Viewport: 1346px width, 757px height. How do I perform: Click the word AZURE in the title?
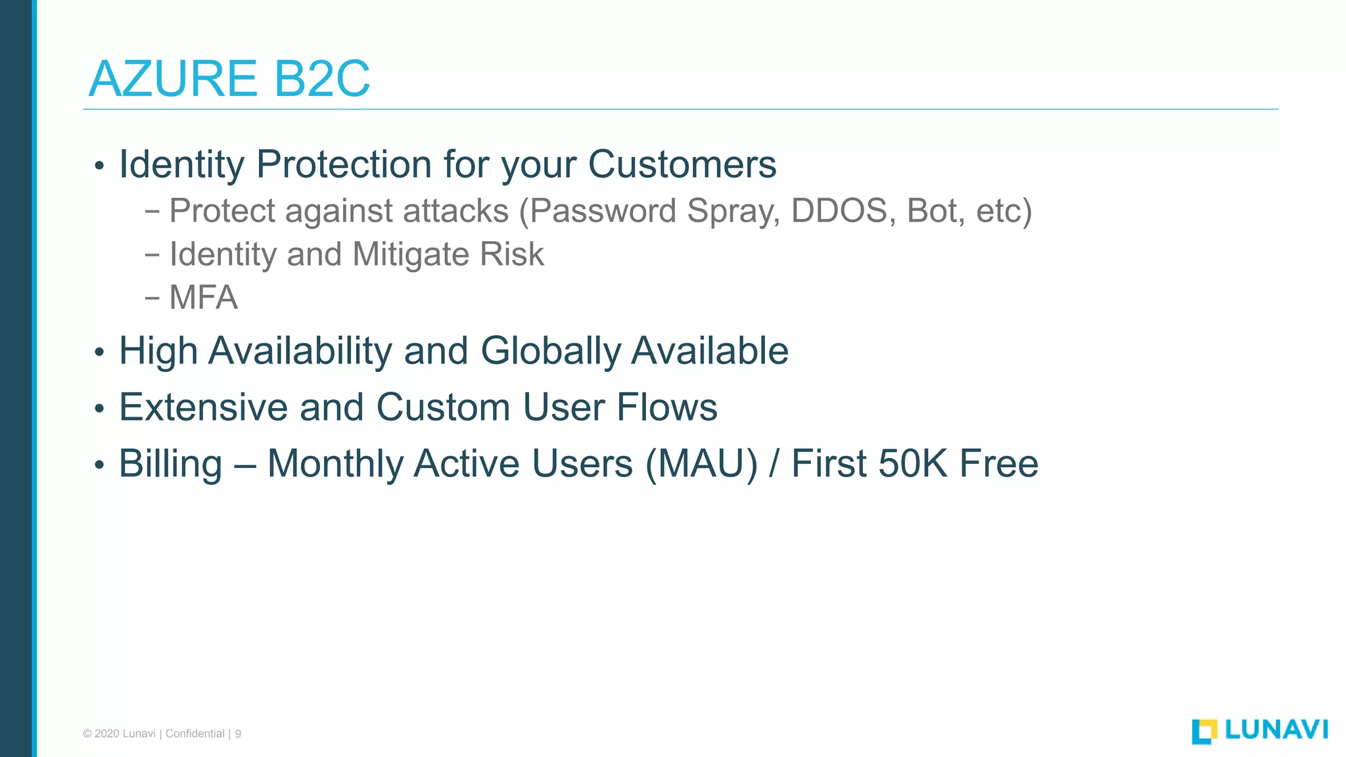(x=172, y=79)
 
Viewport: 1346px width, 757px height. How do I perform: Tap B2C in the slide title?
(x=321, y=79)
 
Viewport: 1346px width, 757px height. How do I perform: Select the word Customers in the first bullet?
(x=682, y=164)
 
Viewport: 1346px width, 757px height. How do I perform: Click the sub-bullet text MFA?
(x=203, y=298)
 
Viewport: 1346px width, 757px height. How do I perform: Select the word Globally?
(x=550, y=352)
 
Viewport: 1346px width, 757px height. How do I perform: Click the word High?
(x=158, y=352)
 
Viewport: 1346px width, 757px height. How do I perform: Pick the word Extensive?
(x=203, y=407)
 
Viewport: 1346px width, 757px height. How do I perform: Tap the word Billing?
(x=170, y=465)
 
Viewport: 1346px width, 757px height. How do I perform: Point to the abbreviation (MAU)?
(x=701, y=464)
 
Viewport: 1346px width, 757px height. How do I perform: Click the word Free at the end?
(x=998, y=464)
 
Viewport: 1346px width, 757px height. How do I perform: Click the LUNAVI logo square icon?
(x=1204, y=731)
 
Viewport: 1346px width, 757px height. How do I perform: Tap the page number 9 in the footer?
(x=238, y=734)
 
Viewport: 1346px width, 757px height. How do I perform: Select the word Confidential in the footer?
(x=195, y=734)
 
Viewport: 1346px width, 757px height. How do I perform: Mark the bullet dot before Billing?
(x=99, y=465)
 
